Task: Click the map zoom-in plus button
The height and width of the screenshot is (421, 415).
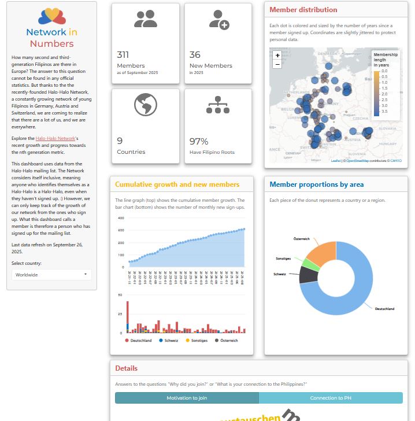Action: click(277, 56)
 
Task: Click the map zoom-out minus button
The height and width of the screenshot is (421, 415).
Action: click(277, 64)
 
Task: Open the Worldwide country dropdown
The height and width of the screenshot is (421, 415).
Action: click(51, 275)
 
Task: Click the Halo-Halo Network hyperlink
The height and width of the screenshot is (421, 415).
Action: click(55, 139)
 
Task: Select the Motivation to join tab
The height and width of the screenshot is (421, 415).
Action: click(187, 398)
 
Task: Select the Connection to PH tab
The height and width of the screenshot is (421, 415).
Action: click(330, 398)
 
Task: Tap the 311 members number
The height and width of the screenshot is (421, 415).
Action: click(123, 55)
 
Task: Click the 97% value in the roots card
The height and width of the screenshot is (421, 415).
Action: click(199, 141)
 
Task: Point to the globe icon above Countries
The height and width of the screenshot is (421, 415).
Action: click(146, 105)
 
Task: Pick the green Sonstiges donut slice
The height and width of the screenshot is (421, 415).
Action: click(310, 264)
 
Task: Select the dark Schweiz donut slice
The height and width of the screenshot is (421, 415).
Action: click(307, 274)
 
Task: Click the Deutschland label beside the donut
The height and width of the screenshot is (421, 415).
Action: click(384, 309)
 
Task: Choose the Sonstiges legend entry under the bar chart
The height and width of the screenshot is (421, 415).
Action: click(196, 341)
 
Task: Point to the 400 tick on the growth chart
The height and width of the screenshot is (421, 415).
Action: click(121, 218)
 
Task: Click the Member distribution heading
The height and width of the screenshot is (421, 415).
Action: click(303, 10)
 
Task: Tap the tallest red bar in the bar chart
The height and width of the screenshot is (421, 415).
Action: click(128, 317)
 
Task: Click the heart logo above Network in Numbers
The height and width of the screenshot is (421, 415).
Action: click(51, 16)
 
